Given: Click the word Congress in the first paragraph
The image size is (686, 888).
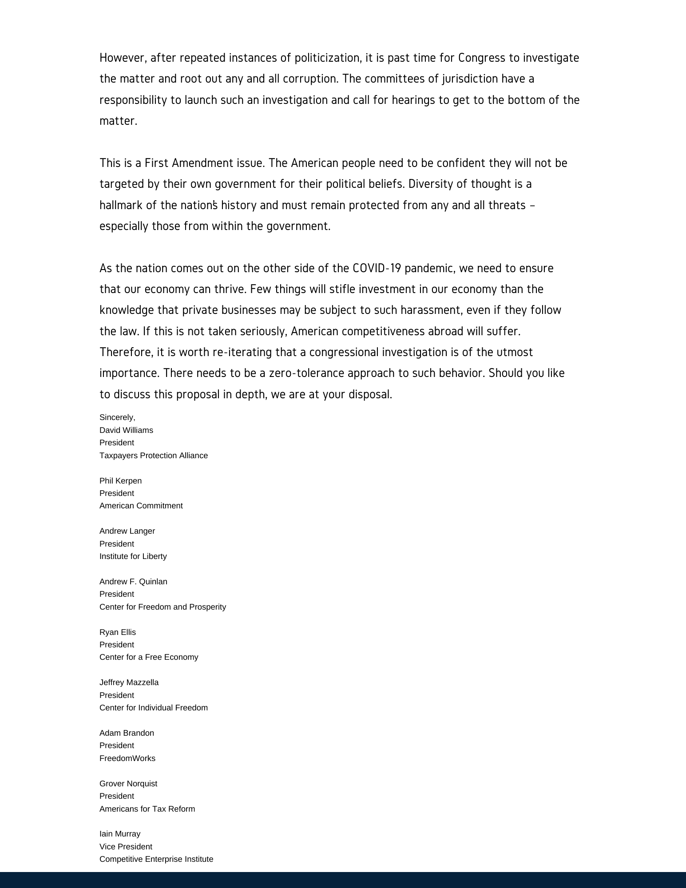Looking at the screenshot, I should click(481, 58).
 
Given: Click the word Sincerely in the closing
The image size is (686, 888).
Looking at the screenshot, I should click(117, 417).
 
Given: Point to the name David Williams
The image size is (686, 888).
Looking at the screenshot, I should click(126, 430).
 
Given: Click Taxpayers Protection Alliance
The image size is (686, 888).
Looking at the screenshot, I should click(154, 456).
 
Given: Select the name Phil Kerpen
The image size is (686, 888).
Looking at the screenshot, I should click(121, 481).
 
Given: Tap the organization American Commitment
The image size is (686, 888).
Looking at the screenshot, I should click(141, 506).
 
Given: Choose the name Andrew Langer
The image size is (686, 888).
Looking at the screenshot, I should click(127, 531).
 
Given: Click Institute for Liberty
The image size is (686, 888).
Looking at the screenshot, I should click(133, 556).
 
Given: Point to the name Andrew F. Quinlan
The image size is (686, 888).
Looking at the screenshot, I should click(133, 582).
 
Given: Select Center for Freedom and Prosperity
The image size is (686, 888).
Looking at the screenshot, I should click(163, 607).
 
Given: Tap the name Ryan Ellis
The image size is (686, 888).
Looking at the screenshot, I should click(118, 632).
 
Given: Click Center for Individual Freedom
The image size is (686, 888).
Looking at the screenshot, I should click(154, 708).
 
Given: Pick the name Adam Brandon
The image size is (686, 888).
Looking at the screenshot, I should click(127, 733).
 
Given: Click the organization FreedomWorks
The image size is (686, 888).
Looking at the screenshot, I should click(127, 758).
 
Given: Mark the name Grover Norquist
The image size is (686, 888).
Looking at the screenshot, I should click(128, 784).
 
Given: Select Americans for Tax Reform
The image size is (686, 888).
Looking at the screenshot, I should click(147, 809).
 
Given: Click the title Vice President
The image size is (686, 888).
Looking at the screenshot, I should click(126, 847).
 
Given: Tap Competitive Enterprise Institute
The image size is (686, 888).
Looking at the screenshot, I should click(156, 859).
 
